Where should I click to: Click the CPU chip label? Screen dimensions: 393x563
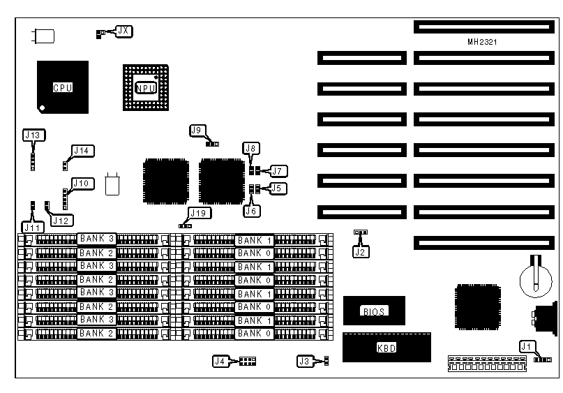coord(63,88)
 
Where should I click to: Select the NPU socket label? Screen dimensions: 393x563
coord(146,88)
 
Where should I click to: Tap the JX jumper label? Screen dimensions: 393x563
coord(123,31)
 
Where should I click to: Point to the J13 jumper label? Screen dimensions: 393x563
coord(33,135)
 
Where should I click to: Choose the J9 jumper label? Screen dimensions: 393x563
coord(197,131)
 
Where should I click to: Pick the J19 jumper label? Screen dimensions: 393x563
coord(197,214)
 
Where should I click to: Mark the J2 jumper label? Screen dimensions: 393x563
coord(361,252)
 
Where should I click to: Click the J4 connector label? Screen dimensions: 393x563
coord(220,361)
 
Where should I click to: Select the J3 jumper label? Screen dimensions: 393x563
coord(304,361)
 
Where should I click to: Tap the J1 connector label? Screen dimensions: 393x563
coord(527,346)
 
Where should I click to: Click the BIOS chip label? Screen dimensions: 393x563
coord(374,311)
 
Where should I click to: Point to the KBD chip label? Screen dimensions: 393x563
coord(386,347)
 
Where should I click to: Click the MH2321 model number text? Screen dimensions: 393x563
coord(482,42)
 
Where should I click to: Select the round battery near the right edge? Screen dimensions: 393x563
coord(534,276)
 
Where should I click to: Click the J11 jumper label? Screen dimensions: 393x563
coord(32,226)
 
